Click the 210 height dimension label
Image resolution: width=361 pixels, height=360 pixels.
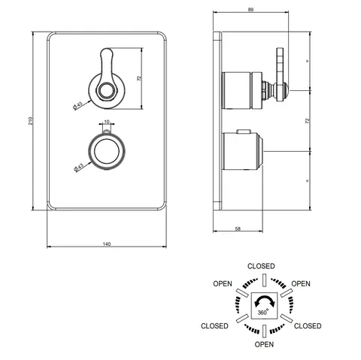click(31, 121)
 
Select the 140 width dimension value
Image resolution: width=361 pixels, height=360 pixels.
click(107, 244)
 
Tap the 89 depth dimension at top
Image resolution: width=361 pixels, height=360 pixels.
click(250, 10)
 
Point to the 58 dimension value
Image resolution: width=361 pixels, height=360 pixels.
click(238, 228)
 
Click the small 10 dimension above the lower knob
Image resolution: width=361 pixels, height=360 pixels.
click(107, 122)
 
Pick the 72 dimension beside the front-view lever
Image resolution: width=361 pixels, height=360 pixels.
click(139, 78)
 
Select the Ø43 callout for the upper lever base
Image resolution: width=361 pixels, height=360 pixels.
click(77, 105)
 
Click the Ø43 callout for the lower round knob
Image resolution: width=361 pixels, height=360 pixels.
click(78, 168)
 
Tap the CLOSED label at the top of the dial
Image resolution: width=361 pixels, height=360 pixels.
click(261, 266)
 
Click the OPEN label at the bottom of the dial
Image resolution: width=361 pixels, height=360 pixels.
click(264, 344)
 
